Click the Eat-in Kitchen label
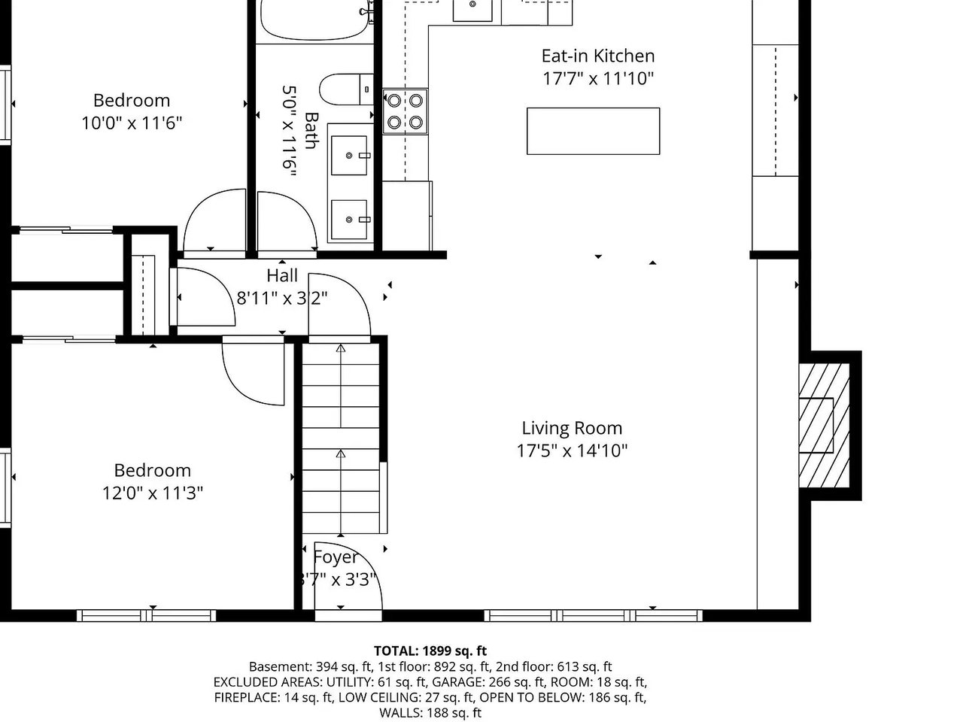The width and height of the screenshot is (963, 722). tap(597, 56)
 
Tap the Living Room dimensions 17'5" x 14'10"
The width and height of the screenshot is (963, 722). tap(572, 450)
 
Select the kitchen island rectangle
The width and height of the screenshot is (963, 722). tap(593, 131)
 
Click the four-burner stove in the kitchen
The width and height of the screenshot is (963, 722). tap(405, 111)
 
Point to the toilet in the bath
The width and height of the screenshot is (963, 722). tap(346, 89)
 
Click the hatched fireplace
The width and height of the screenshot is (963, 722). tap(824, 425)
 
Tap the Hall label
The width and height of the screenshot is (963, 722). tap(282, 276)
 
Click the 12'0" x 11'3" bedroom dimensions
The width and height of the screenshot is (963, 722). tap(152, 493)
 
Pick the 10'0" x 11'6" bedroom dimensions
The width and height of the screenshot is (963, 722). tap(132, 123)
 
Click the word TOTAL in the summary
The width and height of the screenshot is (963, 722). tap(396, 651)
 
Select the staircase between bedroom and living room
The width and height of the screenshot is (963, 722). tap(341, 438)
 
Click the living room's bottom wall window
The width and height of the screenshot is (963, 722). tap(593, 615)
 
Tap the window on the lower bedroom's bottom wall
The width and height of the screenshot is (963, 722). tap(146, 615)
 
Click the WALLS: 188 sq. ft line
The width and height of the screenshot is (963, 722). tap(430, 713)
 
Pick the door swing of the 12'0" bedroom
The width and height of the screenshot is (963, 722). tap(254, 371)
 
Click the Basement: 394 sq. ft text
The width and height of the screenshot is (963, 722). tap(311, 667)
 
